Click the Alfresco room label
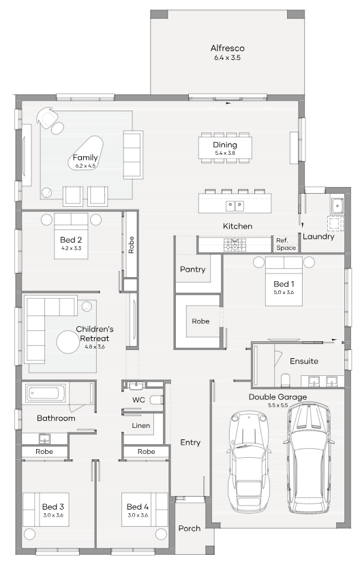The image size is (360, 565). (x=227, y=48)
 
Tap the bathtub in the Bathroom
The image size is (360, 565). (x=46, y=392)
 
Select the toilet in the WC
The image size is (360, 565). (x=156, y=400)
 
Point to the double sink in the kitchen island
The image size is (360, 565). (x=235, y=206)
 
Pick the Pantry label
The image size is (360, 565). (x=192, y=269)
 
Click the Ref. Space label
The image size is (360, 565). (x=286, y=244)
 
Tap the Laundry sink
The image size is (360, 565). (x=337, y=206)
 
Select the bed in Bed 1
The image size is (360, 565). (x=284, y=281)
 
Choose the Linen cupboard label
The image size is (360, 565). (x=140, y=426)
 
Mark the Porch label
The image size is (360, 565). (x=190, y=528)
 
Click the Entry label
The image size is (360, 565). (x=190, y=442)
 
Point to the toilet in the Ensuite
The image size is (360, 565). (x=285, y=380)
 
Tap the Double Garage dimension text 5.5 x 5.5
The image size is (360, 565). (x=277, y=405)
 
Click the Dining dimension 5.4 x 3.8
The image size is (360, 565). (x=225, y=153)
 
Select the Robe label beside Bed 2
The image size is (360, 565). (x=131, y=245)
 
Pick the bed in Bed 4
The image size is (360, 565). (x=145, y=510)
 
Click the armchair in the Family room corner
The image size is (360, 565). (x=48, y=117)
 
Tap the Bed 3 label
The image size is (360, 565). (x=53, y=507)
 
